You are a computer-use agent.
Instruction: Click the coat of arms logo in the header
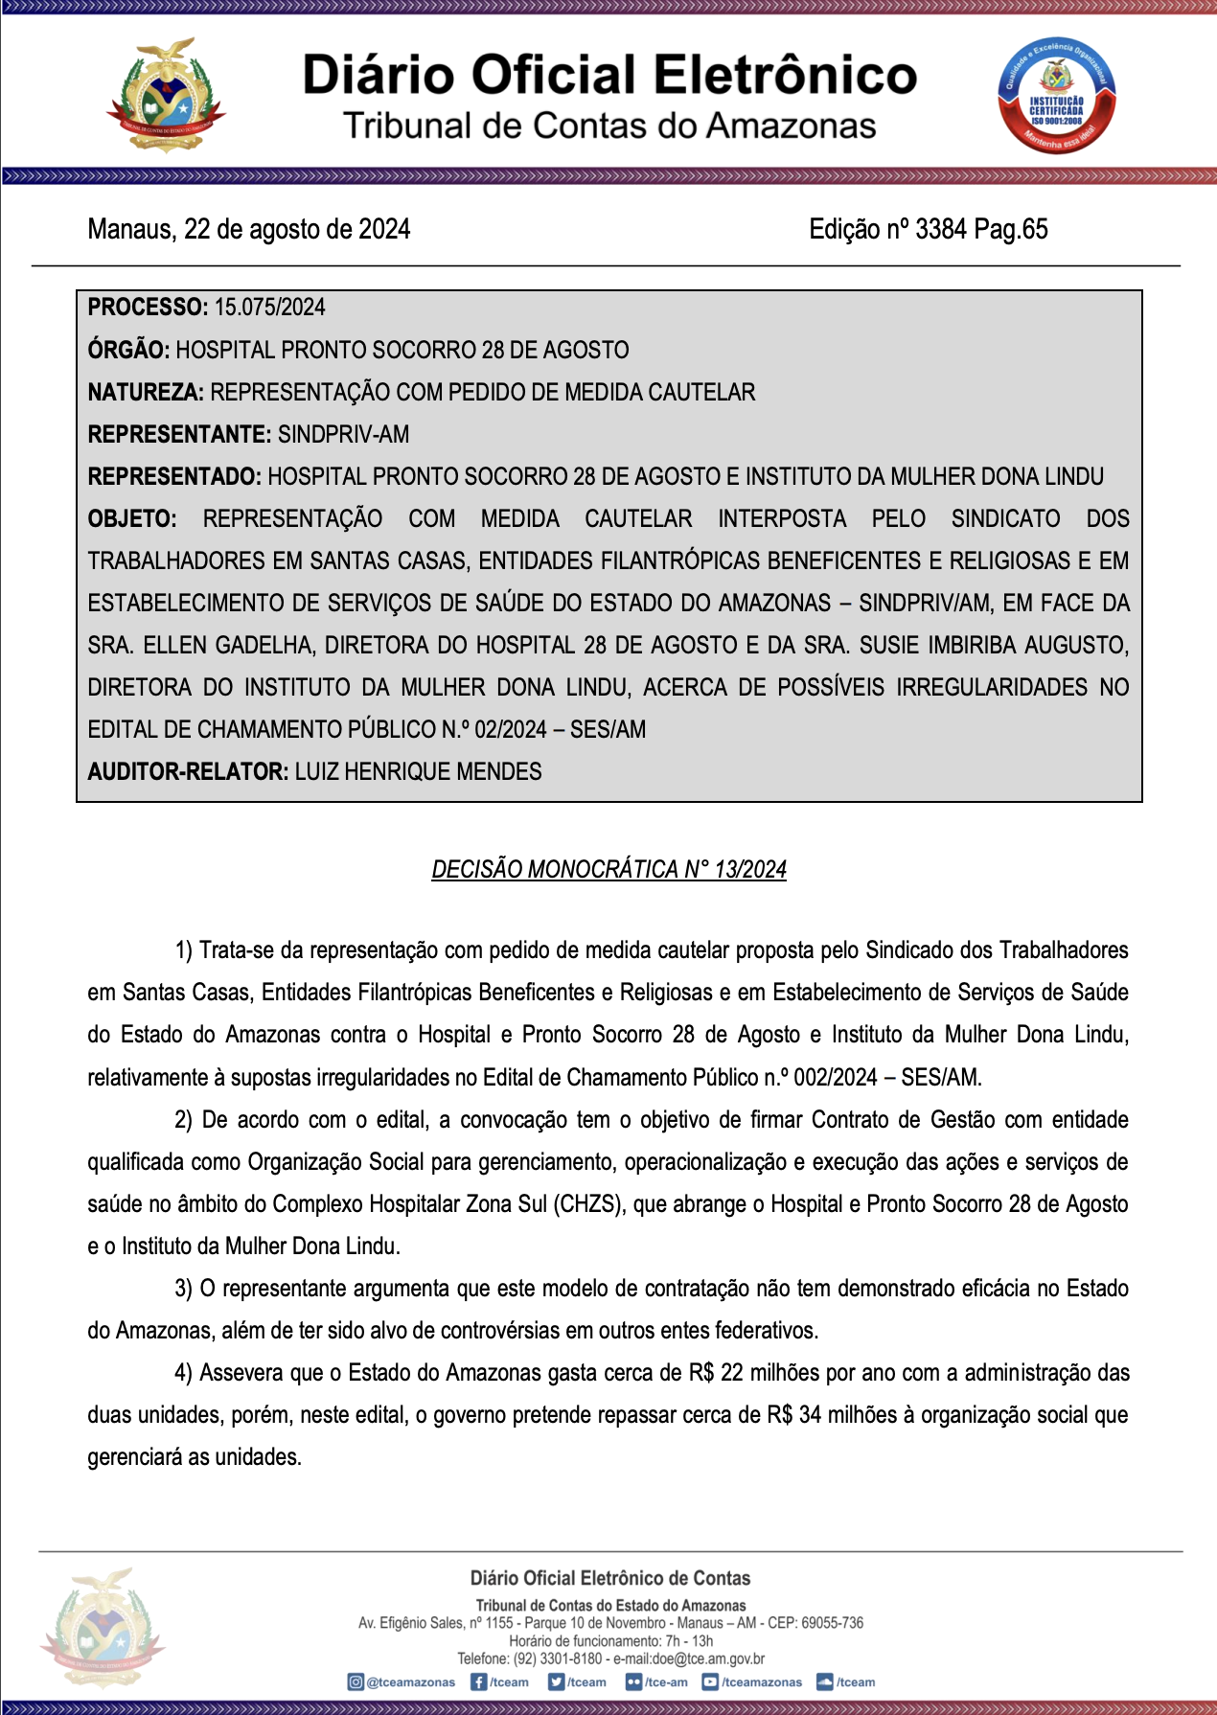(x=165, y=96)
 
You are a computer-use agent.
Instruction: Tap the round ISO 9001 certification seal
(x=1056, y=96)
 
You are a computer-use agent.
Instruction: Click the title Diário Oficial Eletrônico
(x=609, y=75)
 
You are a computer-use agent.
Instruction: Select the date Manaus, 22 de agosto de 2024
(x=249, y=229)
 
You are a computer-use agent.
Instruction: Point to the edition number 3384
(x=940, y=229)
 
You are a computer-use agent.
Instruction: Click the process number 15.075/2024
(x=270, y=308)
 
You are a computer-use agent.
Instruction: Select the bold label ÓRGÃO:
(x=128, y=350)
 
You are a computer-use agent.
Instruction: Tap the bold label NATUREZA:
(x=146, y=392)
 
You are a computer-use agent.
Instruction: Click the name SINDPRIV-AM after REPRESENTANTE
(x=343, y=434)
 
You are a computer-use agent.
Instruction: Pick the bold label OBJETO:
(x=132, y=518)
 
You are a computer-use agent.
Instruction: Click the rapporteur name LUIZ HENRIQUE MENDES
(x=418, y=771)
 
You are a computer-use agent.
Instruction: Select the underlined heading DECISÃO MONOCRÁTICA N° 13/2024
(x=609, y=869)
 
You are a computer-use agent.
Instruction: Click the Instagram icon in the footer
(x=356, y=1681)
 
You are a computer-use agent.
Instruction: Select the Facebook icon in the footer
(x=478, y=1681)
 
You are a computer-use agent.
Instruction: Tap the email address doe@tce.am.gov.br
(x=708, y=1658)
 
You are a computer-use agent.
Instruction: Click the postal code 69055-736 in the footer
(x=832, y=1623)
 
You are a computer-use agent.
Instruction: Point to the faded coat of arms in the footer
(x=102, y=1629)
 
